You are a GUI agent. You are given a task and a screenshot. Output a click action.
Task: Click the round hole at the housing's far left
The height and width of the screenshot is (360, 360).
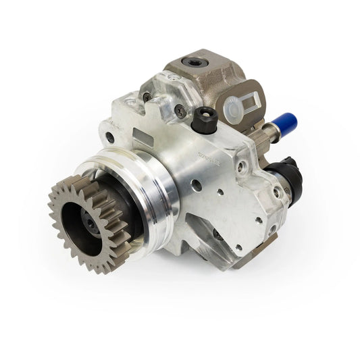(x=109, y=138)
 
